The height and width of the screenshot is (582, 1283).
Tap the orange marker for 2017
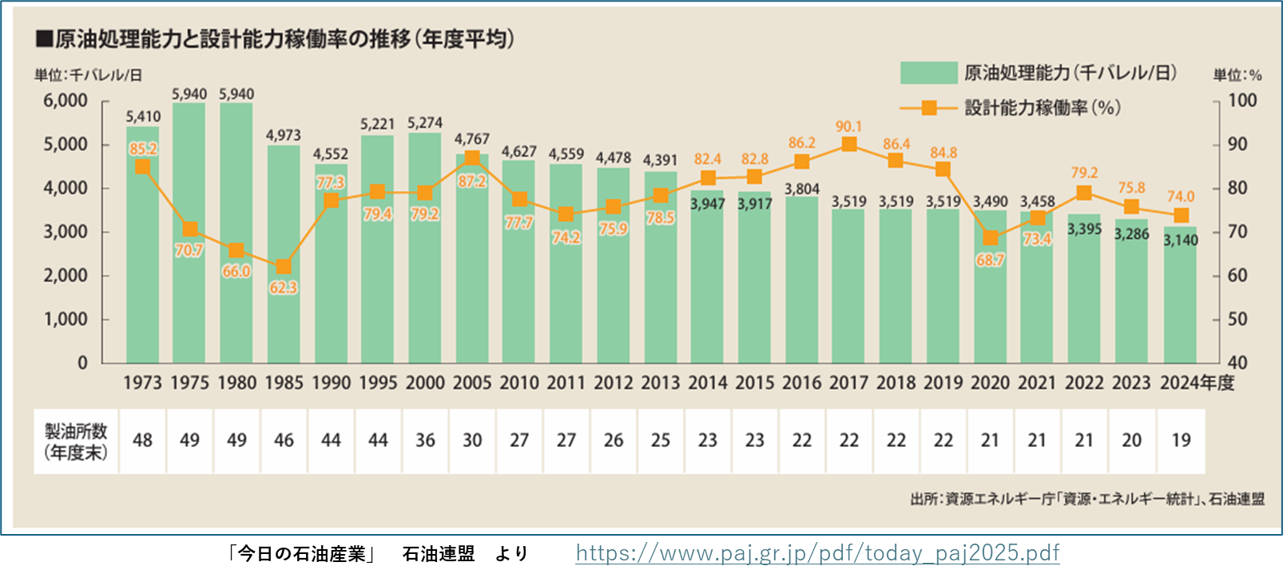(x=849, y=145)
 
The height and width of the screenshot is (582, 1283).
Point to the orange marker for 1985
(x=284, y=267)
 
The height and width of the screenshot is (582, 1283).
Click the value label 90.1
(x=848, y=126)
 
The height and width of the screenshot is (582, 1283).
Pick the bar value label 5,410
(x=143, y=117)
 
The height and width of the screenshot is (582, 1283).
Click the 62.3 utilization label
(x=284, y=288)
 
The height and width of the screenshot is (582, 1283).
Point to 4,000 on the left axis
(x=66, y=189)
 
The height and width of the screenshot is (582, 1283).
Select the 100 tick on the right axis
(x=1242, y=101)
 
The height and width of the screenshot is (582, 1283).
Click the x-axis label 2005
(x=472, y=383)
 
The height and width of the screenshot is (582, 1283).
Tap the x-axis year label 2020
(x=990, y=383)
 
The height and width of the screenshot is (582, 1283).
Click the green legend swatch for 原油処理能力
(x=928, y=73)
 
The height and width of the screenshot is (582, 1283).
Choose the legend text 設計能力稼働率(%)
(x=1042, y=107)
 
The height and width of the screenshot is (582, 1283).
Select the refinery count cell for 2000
(x=425, y=440)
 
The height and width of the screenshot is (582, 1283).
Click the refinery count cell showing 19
(x=1181, y=440)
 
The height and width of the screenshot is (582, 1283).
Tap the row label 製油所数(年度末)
(x=76, y=441)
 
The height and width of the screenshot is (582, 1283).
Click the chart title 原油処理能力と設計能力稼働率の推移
(x=284, y=38)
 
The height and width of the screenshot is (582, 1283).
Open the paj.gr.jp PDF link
(x=817, y=553)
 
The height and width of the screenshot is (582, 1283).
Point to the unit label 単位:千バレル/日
(x=88, y=75)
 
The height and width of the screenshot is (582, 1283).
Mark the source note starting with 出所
(x=1087, y=499)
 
